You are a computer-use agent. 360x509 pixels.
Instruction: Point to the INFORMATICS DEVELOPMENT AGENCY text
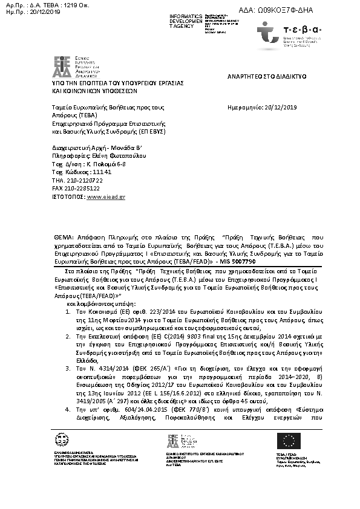[186, 20]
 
